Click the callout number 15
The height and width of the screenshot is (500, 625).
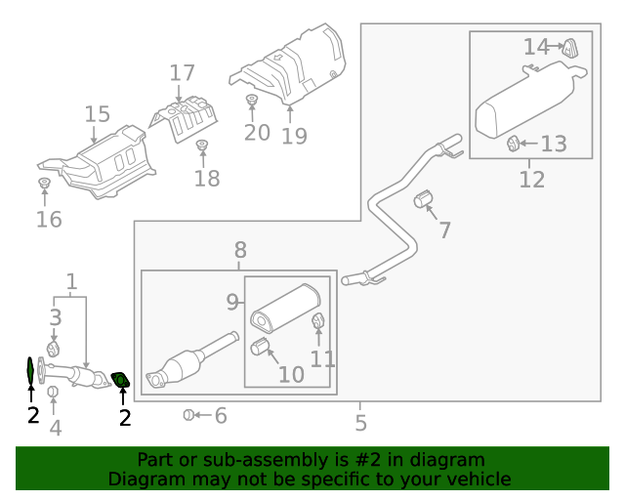coord(97,114)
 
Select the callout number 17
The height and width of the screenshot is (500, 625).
coord(183,72)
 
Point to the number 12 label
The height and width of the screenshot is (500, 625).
coord(531,179)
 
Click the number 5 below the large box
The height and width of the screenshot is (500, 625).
coord(360,423)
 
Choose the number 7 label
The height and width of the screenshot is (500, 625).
coord(444,230)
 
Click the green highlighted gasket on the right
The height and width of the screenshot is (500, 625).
coord(121,379)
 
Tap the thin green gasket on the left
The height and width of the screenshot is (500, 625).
coord(30,371)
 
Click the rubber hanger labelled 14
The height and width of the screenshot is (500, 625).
coord(568,45)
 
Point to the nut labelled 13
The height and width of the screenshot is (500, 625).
coord(512,145)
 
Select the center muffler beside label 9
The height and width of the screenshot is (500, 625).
coord(283,306)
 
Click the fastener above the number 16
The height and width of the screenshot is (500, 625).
coord(44,184)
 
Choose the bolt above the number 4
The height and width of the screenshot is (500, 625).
coord(54,393)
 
